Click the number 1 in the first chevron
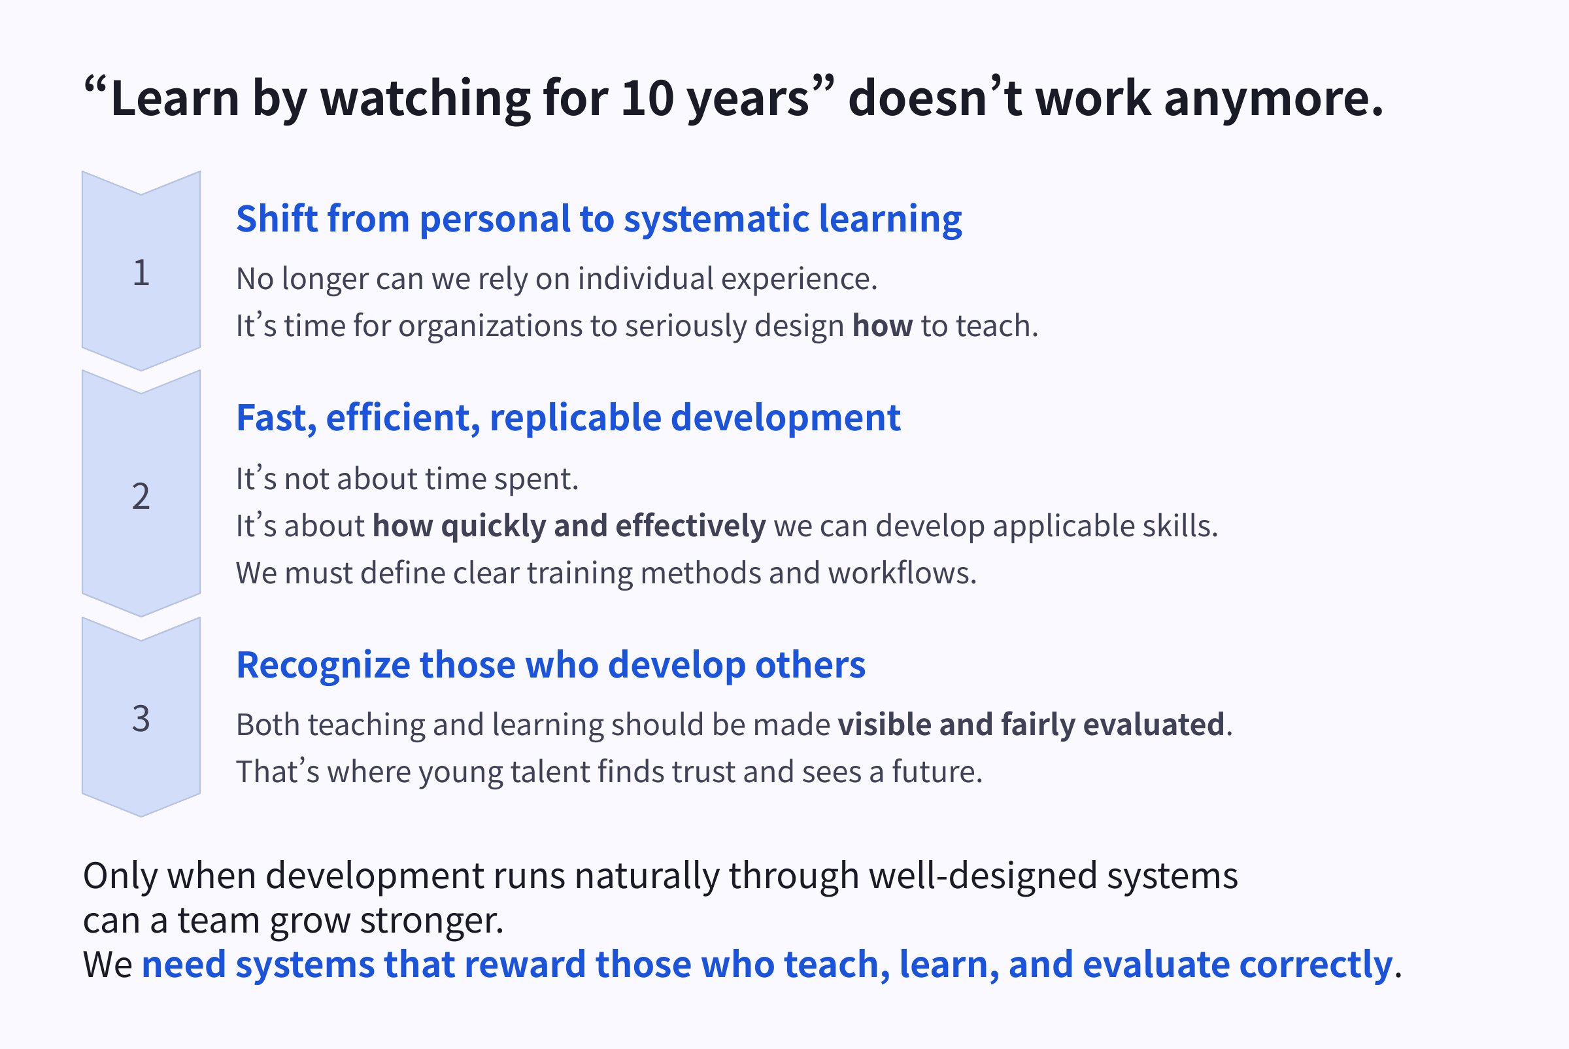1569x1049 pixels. tap(141, 273)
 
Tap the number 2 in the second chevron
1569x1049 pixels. tap(141, 496)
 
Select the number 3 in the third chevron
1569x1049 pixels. tap(141, 719)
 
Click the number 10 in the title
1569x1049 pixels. tap(647, 99)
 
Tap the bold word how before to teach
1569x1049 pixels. tap(881, 326)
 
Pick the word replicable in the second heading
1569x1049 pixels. tap(575, 419)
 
